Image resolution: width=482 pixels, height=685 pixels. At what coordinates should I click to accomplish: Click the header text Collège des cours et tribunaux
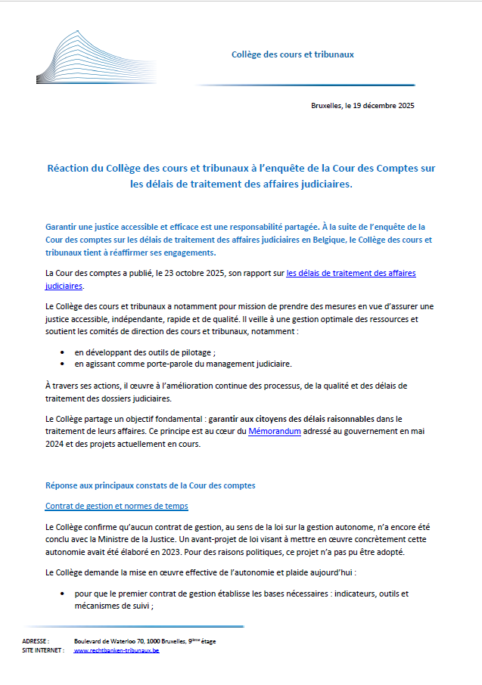[x=292, y=54]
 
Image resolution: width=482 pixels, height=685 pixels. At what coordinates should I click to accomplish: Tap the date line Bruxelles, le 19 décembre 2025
[x=362, y=106]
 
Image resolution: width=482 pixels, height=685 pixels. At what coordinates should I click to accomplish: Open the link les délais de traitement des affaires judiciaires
[x=351, y=273]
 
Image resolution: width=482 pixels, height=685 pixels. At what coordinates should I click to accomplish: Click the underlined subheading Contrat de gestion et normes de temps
[x=117, y=506]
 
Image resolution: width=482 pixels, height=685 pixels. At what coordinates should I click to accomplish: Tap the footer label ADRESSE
[x=36, y=641]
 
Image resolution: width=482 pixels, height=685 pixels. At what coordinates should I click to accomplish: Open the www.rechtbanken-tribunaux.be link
[x=117, y=650]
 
